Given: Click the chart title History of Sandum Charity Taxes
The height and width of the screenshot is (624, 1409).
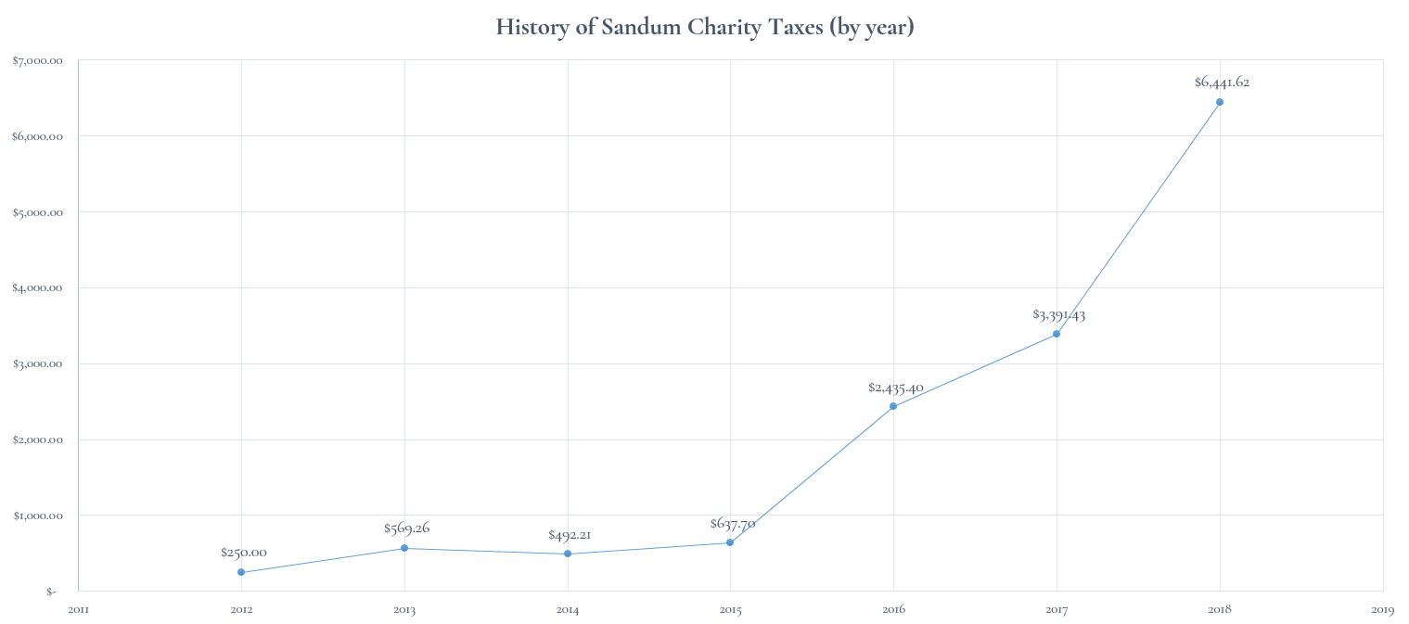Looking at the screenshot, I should (x=705, y=27).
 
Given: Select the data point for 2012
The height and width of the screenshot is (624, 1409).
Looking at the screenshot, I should (x=241, y=572).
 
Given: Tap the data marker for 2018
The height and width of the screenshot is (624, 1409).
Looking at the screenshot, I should (x=1220, y=102).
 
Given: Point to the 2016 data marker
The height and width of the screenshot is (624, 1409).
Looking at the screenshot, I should (x=893, y=406).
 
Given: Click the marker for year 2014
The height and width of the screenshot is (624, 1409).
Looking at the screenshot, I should (x=568, y=554).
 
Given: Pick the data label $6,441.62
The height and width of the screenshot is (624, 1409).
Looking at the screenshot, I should (x=1222, y=82).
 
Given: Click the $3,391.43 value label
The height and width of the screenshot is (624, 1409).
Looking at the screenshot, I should (x=1058, y=314).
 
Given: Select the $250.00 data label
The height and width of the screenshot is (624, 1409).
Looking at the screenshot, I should (x=243, y=552).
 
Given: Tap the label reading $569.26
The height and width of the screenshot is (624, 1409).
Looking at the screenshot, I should (x=406, y=528).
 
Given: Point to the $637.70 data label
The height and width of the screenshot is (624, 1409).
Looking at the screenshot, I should (x=732, y=523).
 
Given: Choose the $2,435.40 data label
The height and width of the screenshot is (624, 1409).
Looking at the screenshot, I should (x=895, y=387).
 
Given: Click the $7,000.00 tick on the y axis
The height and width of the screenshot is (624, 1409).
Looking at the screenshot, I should (x=37, y=60).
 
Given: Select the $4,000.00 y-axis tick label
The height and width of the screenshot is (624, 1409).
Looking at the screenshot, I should (x=37, y=287).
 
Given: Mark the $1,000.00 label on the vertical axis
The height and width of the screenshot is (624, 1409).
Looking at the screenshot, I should (x=37, y=516).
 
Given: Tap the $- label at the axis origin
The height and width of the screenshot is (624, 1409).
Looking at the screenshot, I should (x=51, y=592).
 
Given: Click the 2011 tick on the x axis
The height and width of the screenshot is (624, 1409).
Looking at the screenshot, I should (x=78, y=610).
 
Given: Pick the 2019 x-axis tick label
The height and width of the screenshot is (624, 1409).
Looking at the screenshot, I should (x=1382, y=610).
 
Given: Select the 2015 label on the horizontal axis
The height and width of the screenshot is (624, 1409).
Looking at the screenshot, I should (x=730, y=610).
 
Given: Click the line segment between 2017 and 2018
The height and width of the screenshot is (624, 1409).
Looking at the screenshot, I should (x=1138, y=218).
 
